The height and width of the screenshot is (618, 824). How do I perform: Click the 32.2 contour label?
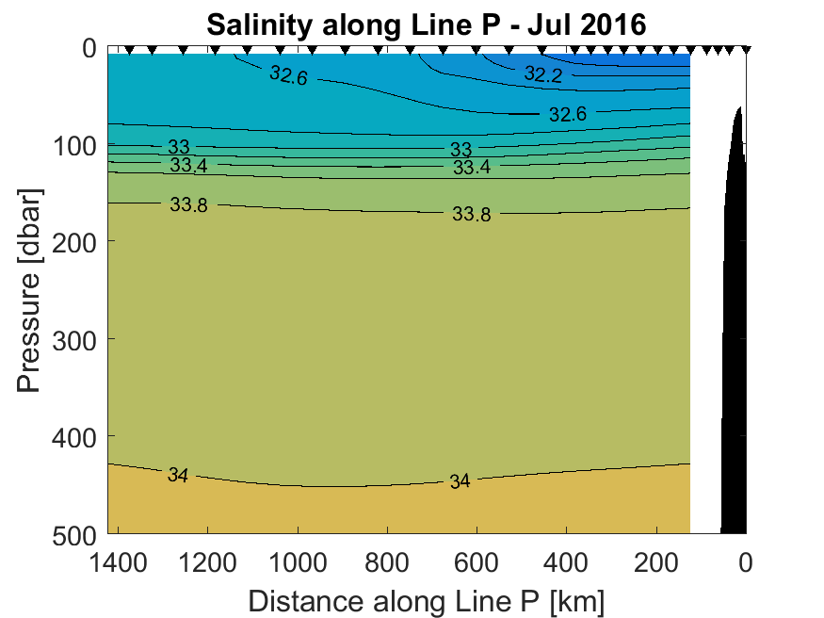(x=542, y=75)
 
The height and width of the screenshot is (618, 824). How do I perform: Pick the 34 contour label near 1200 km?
(x=178, y=476)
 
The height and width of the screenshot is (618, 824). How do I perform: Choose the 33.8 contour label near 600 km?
(x=471, y=214)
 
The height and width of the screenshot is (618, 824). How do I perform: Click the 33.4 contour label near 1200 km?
(x=188, y=167)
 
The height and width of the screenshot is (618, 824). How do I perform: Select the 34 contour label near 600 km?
(x=459, y=481)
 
